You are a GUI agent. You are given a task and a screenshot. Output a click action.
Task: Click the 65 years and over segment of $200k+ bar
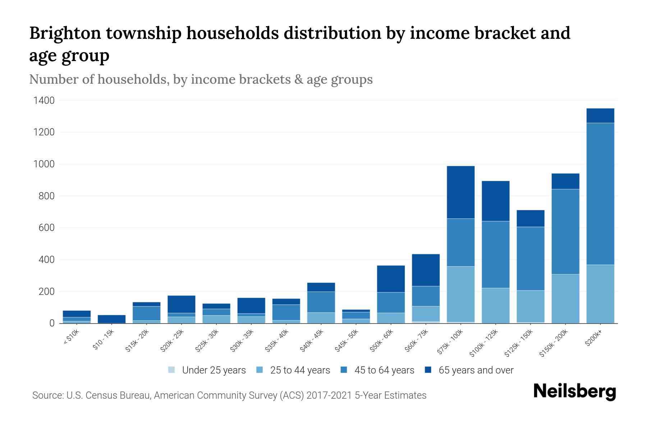coord(600,116)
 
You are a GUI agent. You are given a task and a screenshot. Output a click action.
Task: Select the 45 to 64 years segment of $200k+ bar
coord(600,194)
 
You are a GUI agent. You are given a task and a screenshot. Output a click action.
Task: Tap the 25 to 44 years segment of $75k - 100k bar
coord(460,294)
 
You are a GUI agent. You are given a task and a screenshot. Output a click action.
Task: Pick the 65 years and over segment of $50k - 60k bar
coord(391,279)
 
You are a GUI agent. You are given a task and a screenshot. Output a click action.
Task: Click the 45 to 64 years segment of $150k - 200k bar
coord(565,232)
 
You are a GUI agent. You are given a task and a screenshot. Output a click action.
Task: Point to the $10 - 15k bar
coord(111,319)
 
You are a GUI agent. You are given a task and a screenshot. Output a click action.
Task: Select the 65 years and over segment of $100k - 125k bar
coord(495,201)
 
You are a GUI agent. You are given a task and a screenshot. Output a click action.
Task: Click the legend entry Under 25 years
coord(207,370)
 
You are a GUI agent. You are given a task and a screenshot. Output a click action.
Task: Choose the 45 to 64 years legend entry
coord(377,370)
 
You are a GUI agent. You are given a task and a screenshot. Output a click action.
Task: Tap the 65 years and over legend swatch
coord(428,370)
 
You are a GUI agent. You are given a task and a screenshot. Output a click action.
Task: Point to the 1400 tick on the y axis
coord(44,101)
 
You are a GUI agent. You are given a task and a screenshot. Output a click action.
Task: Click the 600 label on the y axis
coord(46,228)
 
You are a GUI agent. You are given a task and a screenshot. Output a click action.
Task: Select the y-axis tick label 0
coord(52,323)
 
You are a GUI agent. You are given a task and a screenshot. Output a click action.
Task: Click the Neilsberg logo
coord(574,391)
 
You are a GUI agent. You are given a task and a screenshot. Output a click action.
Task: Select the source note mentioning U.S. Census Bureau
coord(229,395)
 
